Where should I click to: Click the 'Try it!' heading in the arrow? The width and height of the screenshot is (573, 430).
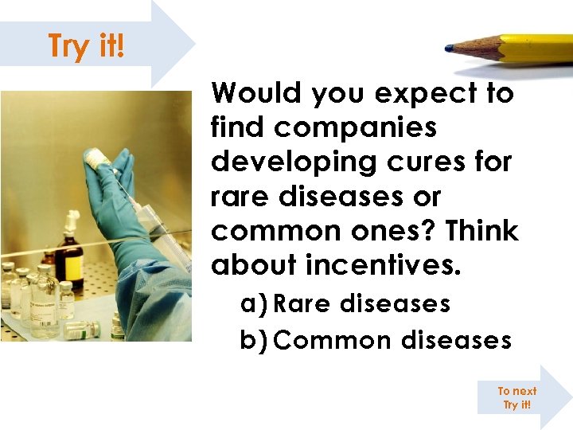pos(86,45)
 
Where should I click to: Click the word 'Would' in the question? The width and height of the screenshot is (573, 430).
pos(255,94)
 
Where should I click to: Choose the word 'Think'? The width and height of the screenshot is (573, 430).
pos(482,231)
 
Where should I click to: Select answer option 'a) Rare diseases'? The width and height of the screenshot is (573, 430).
pos(345,303)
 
